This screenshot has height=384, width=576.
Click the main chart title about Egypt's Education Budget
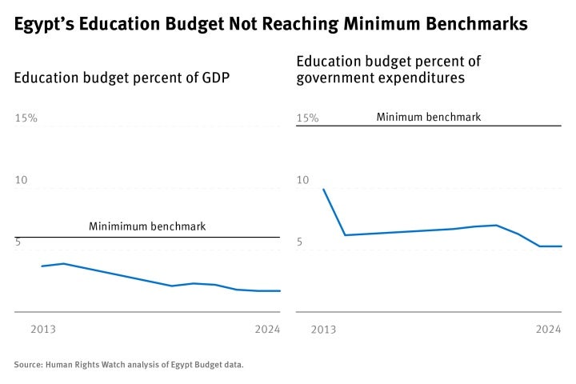270,25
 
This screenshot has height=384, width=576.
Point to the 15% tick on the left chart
26,118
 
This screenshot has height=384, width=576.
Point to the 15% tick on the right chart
307,118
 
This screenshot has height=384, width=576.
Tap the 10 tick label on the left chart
22,180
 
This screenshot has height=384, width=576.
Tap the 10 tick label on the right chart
302,180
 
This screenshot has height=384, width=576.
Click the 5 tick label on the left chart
18,242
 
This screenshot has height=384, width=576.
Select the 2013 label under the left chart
42,329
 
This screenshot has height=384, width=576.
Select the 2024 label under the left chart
267,329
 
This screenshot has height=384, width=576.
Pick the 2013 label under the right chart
323,329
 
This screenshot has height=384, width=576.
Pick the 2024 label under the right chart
549,329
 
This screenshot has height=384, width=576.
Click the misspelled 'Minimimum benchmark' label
147,226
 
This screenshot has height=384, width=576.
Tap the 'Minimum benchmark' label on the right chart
429,117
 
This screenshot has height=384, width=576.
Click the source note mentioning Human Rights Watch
129,365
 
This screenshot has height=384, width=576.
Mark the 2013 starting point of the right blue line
323,190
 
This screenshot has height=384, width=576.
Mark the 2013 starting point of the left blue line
42,266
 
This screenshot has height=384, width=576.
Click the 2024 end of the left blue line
280,291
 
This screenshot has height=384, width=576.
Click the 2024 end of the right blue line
562,246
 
